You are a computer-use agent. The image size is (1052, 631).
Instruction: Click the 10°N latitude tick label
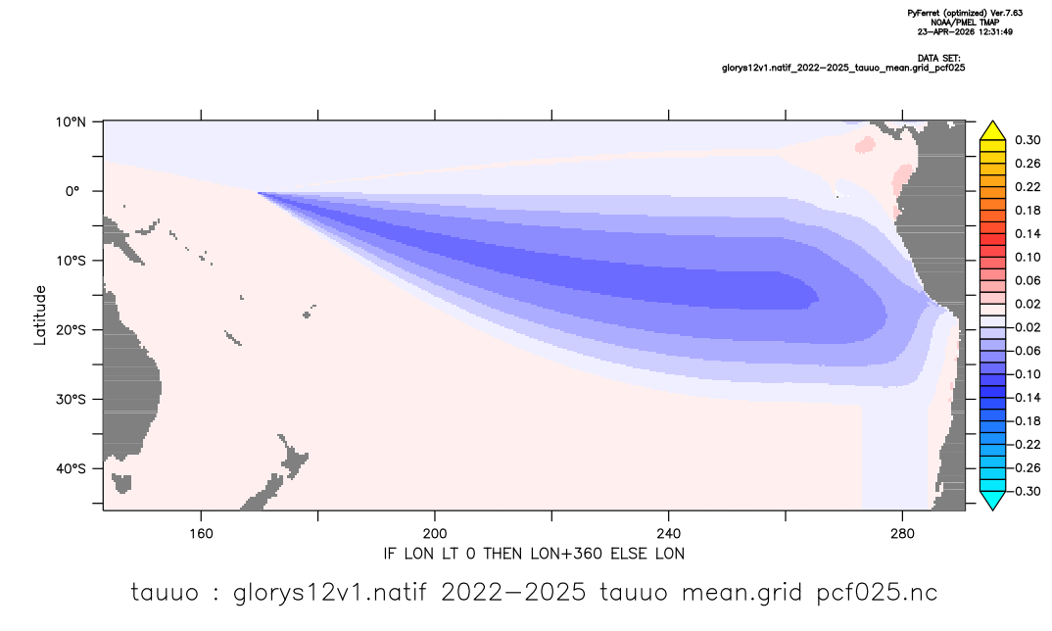(71, 122)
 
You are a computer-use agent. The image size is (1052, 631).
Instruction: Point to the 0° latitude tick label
(72, 191)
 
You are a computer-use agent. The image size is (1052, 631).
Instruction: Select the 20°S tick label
(71, 330)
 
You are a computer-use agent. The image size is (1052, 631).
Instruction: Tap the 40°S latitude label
(71, 468)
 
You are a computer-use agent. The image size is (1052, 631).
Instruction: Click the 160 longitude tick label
(201, 534)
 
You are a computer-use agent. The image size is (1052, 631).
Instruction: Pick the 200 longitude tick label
(435, 534)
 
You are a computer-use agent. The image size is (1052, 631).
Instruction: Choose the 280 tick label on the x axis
(902, 534)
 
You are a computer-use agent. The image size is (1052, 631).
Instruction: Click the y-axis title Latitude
(40, 315)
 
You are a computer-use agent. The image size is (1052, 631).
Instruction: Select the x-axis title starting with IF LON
(534, 554)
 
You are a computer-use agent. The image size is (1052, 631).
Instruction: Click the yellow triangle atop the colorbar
(992, 131)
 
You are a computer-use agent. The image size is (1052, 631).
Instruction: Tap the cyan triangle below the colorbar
(992, 500)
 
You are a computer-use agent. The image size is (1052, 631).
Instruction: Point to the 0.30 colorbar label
(1028, 140)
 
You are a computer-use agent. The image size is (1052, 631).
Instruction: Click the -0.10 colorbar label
(1026, 374)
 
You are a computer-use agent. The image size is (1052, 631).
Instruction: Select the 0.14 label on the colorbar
(1028, 233)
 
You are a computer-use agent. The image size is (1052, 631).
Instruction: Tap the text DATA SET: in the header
(938, 59)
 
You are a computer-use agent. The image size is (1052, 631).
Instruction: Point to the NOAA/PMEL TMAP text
(965, 23)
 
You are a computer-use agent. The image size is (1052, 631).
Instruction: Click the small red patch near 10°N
(865, 144)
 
